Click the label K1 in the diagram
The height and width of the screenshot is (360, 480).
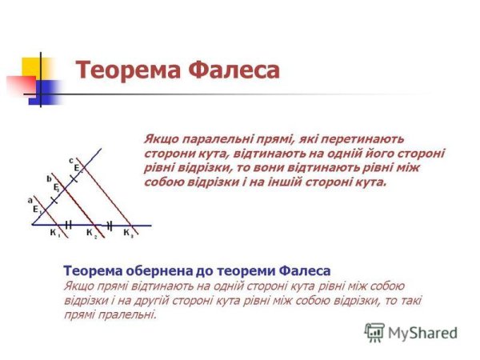click(54, 234)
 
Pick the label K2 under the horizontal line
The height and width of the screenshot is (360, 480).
click(90, 234)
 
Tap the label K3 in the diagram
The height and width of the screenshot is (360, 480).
click(127, 234)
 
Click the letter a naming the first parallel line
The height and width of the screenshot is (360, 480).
click(30, 199)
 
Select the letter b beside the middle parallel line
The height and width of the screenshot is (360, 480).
click(49, 178)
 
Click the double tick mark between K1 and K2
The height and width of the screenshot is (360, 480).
click(70, 225)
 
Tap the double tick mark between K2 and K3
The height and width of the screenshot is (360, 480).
click(110, 225)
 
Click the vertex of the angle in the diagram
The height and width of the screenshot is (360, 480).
click(34, 225)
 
